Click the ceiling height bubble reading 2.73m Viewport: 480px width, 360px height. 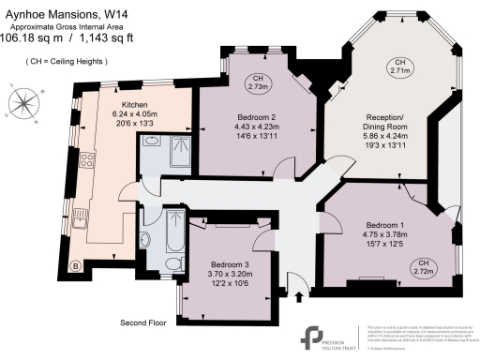tap(256, 82)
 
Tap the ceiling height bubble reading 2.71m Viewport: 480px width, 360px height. tap(400, 66)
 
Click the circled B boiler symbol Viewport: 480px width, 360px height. tap(75, 265)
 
